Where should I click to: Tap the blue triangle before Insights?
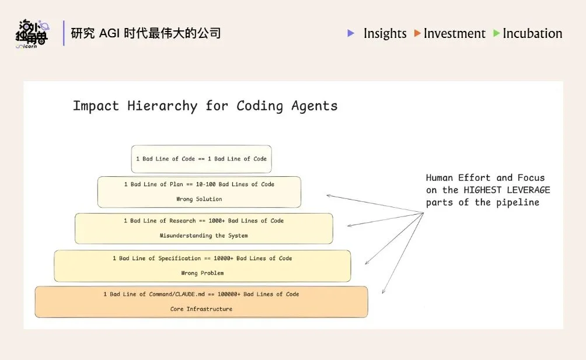[x=351, y=33]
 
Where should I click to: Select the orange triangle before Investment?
[x=417, y=33]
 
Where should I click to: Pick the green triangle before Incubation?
[x=497, y=33]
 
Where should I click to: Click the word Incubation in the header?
[x=532, y=34]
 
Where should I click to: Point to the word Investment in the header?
[x=455, y=34]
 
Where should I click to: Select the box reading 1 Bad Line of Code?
[x=201, y=159]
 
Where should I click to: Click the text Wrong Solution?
[x=199, y=199]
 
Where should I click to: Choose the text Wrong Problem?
[x=202, y=273]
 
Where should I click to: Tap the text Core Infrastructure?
[x=201, y=309]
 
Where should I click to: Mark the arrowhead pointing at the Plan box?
[x=328, y=195]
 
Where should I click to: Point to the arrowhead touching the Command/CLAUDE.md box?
[x=383, y=292]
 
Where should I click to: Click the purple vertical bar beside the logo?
[x=64, y=33]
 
